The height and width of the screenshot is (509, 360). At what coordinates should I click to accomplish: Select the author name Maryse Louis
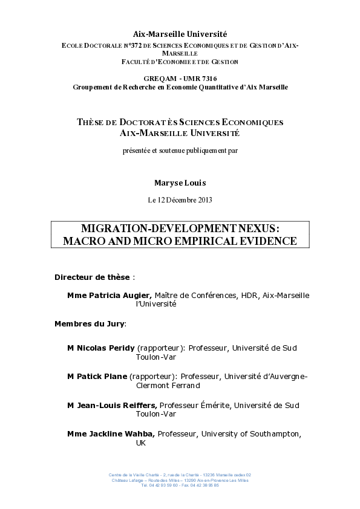[180, 181]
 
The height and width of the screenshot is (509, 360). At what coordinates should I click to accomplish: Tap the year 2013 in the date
[203, 199]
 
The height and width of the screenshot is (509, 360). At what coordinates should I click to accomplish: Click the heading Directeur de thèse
[93, 277]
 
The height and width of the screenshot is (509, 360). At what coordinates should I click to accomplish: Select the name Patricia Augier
[120, 295]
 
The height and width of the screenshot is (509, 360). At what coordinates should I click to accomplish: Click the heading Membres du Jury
[90, 323]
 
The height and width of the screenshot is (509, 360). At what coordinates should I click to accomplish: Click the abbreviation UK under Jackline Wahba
[141, 443]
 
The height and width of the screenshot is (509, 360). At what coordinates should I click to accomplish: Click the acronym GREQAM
[159, 79]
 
